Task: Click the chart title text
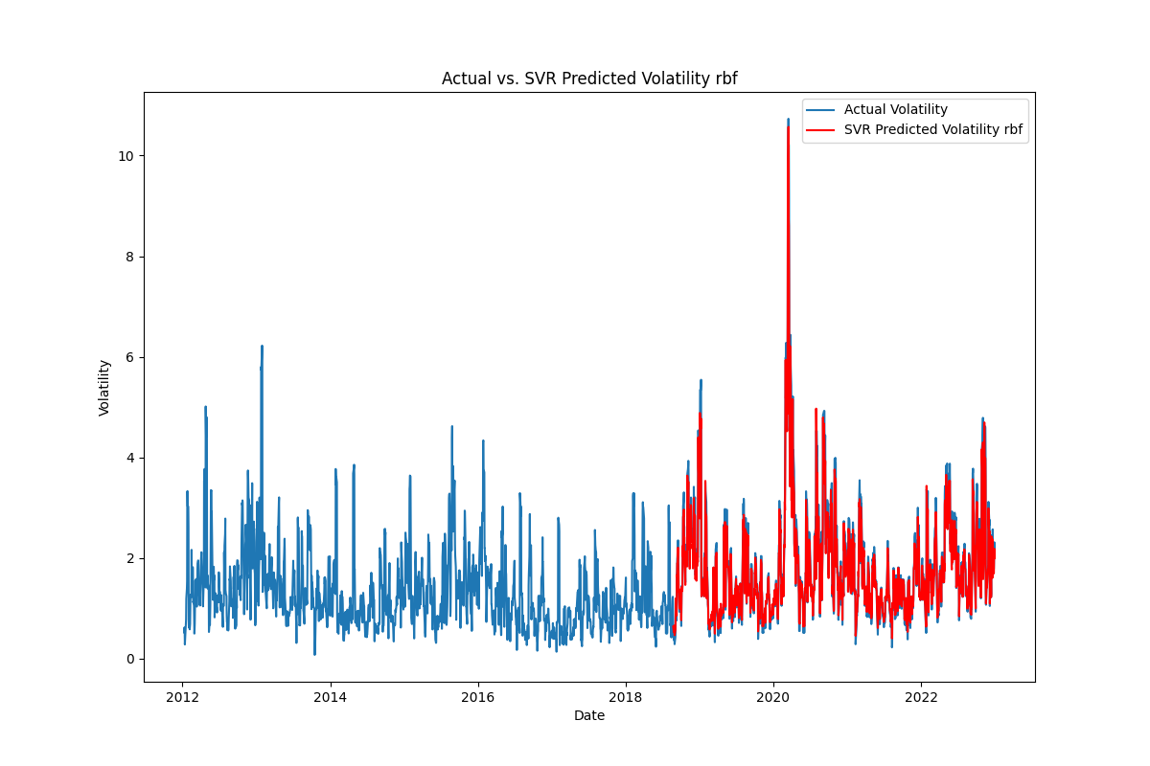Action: pyautogui.click(x=589, y=79)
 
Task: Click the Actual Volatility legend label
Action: pyautogui.click(x=895, y=110)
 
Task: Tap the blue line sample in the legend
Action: pyautogui.click(x=821, y=110)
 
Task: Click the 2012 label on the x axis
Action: pyautogui.click(x=183, y=697)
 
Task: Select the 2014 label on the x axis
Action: pyautogui.click(x=331, y=697)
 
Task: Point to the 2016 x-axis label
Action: pyautogui.click(x=478, y=697)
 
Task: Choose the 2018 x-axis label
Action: pyautogui.click(x=626, y=697)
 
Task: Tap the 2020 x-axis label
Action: pyautogui.click(x=773, y=697)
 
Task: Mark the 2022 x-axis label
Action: pyautogui.click(x=921, y=697)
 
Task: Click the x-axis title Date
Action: pyautogui.click(x=589, y=715)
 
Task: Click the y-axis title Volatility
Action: pyautogui.click(x=104, y=387)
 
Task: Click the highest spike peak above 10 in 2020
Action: pyautogui.click(x=788, y=121)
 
